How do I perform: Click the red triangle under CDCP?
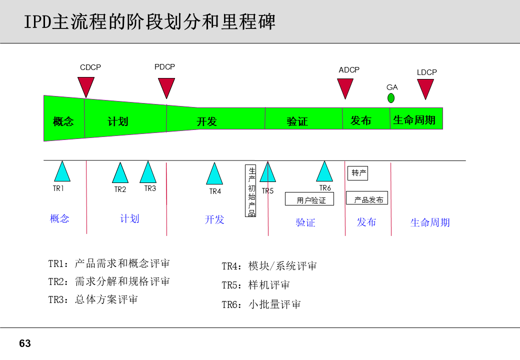86,86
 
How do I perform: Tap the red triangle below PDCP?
166,87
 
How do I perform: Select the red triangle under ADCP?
345,87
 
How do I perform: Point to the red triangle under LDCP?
425,87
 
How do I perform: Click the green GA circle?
391,98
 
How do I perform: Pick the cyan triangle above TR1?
62,172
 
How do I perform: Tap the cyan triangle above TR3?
148,173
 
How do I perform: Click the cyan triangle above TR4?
214,174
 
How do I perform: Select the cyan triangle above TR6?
324,172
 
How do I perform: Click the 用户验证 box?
311,199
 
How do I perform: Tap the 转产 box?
358,173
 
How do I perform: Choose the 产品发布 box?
367,199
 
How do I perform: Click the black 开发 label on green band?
206,121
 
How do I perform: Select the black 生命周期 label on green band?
414,120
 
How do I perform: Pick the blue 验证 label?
305,222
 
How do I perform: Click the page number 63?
24,343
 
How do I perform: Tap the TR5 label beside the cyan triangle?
267,191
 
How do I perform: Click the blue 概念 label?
59,218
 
